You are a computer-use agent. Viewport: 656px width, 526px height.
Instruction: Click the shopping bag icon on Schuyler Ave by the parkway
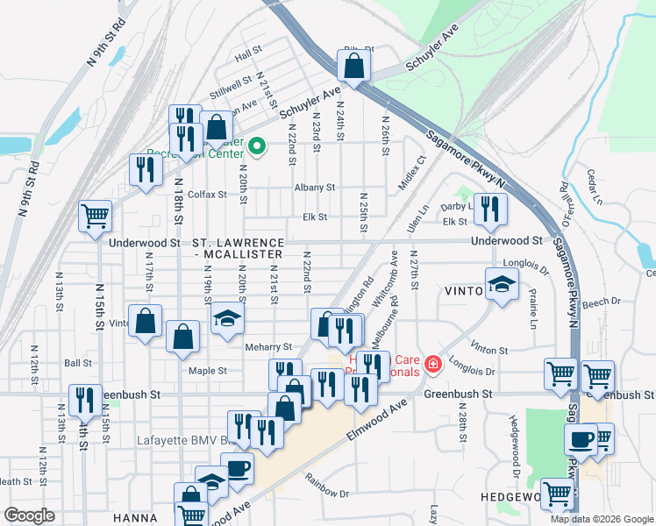(353, 66)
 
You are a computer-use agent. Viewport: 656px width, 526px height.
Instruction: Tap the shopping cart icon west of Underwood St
(95, 216)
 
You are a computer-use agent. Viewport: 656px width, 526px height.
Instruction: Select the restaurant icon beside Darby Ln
(490, 209)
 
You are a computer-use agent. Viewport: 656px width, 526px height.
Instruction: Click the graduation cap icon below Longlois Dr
(501, 285)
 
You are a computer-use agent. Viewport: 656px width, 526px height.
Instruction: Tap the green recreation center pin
(256, 146)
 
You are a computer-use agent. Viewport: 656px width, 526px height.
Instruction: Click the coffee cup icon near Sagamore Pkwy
(580, 440)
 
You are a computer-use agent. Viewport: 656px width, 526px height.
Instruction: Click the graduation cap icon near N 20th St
(226, 319)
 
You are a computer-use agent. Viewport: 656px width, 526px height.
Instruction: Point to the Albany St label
(315, 188)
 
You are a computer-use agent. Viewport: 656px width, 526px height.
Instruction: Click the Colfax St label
(206, 195)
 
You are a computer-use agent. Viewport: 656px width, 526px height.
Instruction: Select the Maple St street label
(208, 371)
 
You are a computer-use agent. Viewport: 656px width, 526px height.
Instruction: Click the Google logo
(30, 515)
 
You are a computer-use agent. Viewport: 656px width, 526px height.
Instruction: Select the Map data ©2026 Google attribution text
(601, 519)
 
